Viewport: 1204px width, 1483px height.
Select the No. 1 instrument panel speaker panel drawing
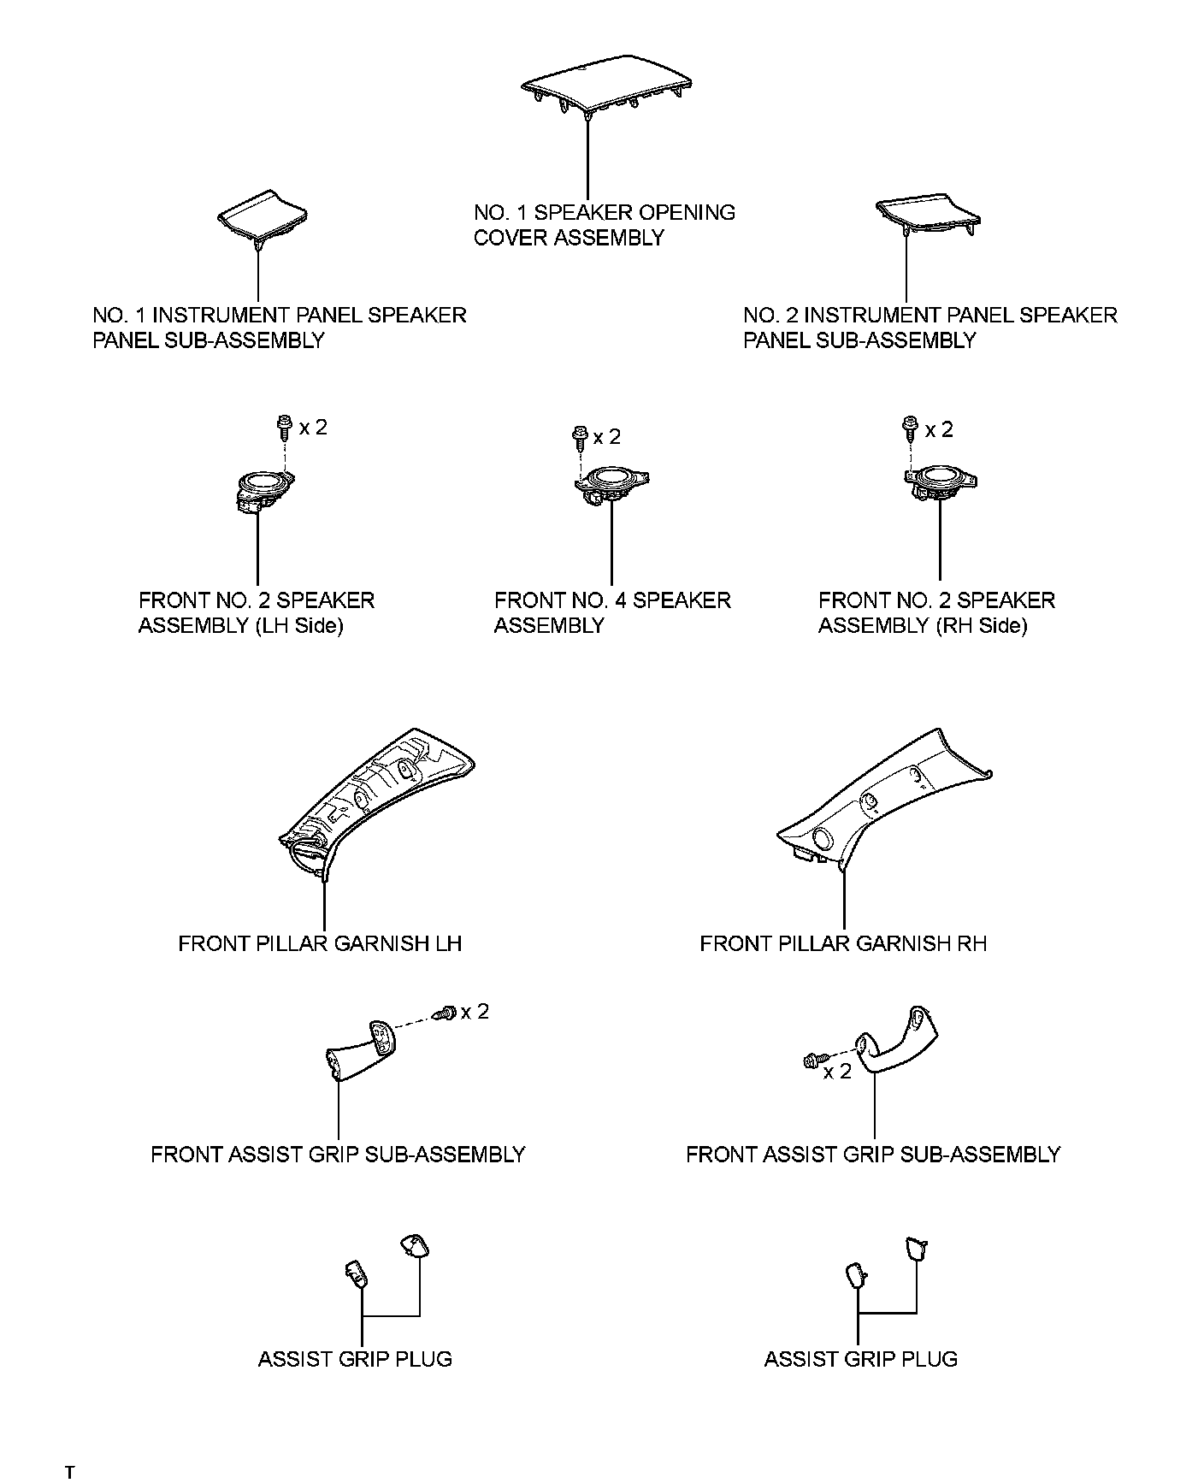coord(263,216)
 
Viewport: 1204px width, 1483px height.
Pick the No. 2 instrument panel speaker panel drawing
coord(928,217)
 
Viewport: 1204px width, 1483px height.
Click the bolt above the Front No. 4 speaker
coord(579,437)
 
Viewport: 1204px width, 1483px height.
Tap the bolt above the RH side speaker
coord(909,427)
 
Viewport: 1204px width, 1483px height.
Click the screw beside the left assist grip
coord(445,1013)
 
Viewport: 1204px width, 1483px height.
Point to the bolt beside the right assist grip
coord(812,1061)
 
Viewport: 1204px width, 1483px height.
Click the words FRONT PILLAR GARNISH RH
coord(843,943)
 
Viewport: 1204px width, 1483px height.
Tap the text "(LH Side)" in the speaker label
coord(298,625)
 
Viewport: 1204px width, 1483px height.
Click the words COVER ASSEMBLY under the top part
coord(569,238)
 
